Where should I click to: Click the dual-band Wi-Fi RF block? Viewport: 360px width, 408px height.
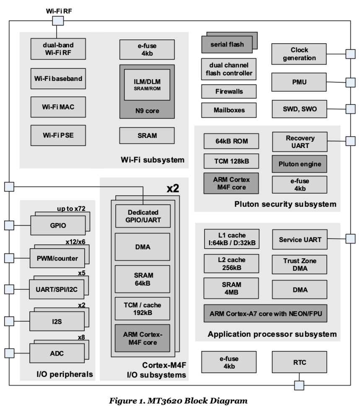(x=58, y=49)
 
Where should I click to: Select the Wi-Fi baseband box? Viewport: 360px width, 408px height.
(x=58, y=78)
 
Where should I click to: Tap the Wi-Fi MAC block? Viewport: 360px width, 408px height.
(x=58, y=107)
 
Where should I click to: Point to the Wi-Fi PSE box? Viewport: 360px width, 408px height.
(x=58, y=135)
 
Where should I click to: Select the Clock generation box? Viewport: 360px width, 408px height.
(x=299, y=53)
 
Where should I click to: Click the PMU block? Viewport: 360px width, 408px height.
(x=299, y=82)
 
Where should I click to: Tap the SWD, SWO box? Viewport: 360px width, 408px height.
(x=299, y=109)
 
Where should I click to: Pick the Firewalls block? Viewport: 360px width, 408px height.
(x=228, y=91)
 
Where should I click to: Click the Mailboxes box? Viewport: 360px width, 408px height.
(x=228, y=110)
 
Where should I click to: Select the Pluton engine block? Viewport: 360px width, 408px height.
(x=300, y=164)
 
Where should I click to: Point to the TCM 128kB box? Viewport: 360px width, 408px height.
(x=231, y=161)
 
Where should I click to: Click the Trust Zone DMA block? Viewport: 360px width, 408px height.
(x=300, y=264)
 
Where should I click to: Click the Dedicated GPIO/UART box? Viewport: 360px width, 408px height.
(x=143, y=216)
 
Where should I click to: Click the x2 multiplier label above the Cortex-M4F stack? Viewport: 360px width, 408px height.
(x=173, y=188)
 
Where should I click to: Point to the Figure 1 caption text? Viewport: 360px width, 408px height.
(x=179, y=400)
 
